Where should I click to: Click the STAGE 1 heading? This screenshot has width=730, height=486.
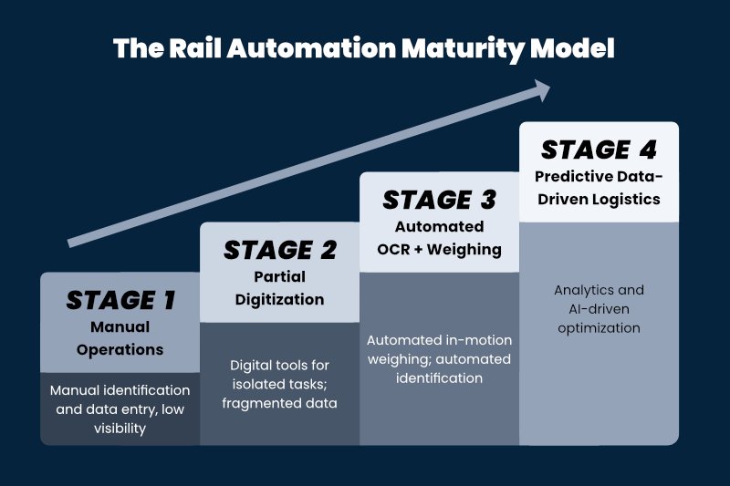pyautogui.click(x=120, y=300)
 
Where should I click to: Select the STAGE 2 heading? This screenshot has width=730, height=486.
pyautogui.click(x=279, y=250)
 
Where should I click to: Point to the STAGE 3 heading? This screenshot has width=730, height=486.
pyautogui.click(x=440, y=200)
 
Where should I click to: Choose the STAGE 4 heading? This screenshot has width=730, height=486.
pyautogui.click(x=599, y=150)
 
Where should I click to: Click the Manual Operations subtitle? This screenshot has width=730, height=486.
pyautogui.click(x=120, y=337)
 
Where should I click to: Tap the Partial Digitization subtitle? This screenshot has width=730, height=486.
pyautogui.click(x=279, y=287)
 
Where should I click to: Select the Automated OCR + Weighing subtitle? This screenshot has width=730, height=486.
pyautogui.click(x=440, y=237)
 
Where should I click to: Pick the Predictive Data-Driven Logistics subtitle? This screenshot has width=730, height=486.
pyautogui.click(x=599, y=187)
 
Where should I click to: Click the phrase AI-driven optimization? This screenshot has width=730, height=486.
pyautogui.click(x=599, y=318)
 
